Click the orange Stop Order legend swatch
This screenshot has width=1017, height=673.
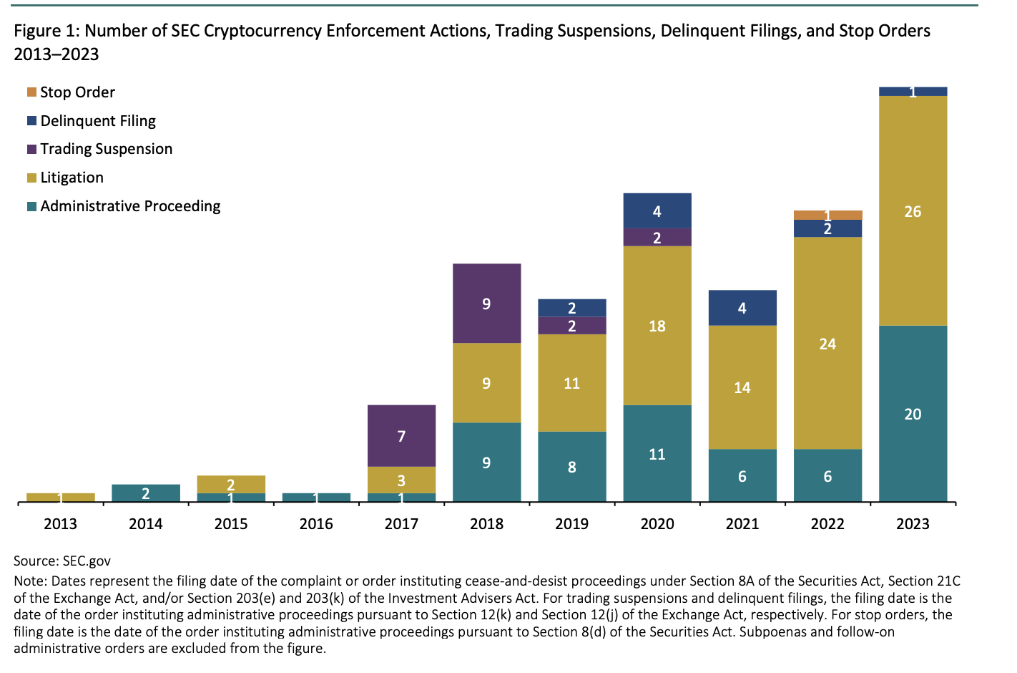(31, 92)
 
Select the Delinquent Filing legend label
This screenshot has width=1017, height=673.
(98, 121)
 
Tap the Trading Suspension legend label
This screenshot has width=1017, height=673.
(107, 149)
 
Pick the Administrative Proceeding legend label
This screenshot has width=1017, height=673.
(130, 206)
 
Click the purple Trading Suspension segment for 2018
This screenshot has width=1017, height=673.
(486, 304)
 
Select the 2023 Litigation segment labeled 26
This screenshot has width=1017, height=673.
(913, 210)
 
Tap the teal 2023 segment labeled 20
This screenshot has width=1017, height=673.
(913, 414)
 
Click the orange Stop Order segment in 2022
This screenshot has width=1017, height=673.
(827, 215)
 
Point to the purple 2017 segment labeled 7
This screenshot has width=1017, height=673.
(401, 435)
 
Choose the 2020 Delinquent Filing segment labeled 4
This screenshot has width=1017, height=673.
(657, 210)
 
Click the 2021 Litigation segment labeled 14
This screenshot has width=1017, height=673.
(742, 387)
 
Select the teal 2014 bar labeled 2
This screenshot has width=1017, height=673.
(146, 493)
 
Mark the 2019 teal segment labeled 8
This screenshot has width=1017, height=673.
(571, 467)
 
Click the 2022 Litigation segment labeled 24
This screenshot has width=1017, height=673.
(827, 344)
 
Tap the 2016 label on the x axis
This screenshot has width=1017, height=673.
(316, 524)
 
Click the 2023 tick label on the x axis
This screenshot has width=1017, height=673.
(913, 524)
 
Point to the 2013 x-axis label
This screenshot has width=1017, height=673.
(60, 524)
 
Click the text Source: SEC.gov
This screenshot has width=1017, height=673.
(62, 561)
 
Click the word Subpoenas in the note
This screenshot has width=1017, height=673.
(771, 631)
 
